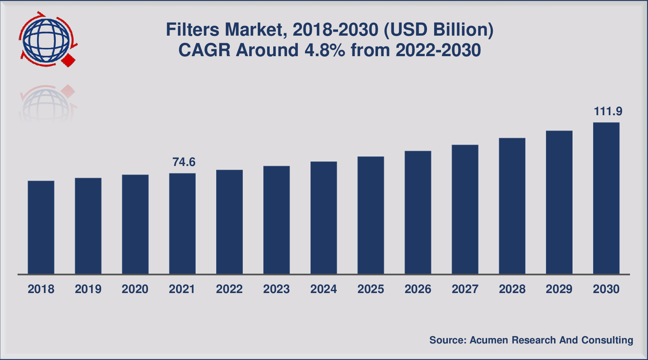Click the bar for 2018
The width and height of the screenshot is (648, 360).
click(x=41, y=228)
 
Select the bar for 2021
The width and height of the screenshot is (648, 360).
click(x=183, y=224)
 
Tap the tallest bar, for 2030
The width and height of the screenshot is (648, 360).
click(x=606, y=198)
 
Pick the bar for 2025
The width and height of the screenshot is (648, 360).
click(x=371, y=215)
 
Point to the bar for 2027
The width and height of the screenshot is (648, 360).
click(x=465, y=210)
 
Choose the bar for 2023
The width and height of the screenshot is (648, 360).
click(x=276, y=220)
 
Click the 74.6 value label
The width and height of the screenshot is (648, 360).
click(x=184, y=162)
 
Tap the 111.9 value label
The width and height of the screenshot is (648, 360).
click(x=608, y=112)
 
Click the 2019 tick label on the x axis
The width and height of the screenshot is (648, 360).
click(x=88, y=289)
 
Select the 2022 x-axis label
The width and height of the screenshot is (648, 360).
click(x=229, y=289)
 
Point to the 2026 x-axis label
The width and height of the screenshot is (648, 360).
click(x=418, y=289)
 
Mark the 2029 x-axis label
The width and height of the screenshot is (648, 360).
click(x=559, y=289)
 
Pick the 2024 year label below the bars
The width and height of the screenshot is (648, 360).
click(x=324, y=289)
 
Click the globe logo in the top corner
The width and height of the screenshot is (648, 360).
click(x=46, y=40)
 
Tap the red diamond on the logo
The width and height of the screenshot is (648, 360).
click(x=68, y=60)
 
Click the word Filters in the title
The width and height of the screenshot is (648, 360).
click(x=193, y=30)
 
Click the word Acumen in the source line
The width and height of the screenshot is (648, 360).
click(x=489, y=340)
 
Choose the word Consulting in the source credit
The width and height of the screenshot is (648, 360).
click(x=607, y=340)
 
